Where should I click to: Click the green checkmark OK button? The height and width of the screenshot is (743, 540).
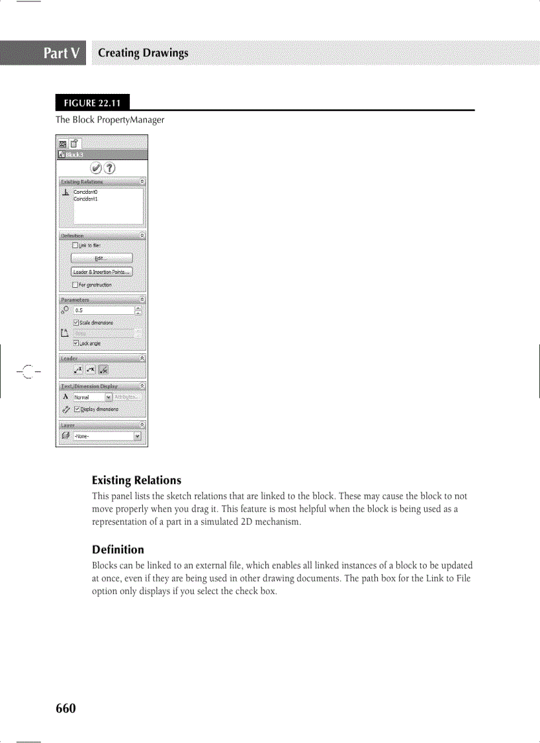[95, 167]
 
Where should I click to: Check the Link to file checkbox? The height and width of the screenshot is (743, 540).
[75, 245]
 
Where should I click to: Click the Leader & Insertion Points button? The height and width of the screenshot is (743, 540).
[102, 271]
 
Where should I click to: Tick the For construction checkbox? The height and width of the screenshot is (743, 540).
[75, 284]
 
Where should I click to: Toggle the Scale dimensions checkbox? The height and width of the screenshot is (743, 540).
[77, 322]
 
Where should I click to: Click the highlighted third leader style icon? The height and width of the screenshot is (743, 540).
[103, 369]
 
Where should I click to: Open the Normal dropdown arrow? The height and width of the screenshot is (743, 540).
[109, 397]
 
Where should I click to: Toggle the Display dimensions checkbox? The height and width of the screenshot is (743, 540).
[77, 409]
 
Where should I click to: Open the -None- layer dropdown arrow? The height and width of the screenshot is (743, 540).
[137, 436]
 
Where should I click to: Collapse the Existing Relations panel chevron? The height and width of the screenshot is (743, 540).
[142, 181]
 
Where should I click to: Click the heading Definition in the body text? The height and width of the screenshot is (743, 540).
[117, 549]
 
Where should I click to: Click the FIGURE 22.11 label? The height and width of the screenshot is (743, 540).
[92, 103]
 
